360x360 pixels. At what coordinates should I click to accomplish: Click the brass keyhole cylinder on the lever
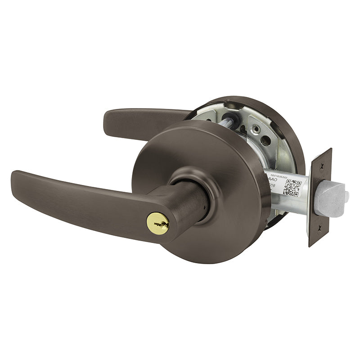(158, 221)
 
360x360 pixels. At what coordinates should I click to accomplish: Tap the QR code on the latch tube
(292, 187)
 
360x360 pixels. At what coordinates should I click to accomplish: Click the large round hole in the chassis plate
(265, 140)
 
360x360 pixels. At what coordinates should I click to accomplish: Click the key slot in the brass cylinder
(158, 221)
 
